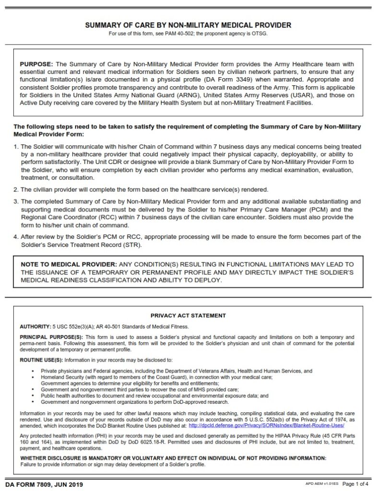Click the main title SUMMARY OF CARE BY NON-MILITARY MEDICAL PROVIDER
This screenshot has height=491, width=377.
coord(188,25)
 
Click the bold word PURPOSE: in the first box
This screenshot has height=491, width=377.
coord(36,64)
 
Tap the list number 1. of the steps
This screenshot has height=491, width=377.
coord(16,147)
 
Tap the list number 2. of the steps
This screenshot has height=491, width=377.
coord(16,189)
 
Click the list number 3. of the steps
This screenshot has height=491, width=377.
coord(16,201)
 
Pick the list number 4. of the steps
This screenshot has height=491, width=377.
coord(16,237)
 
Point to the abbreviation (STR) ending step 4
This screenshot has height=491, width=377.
coord(133,245)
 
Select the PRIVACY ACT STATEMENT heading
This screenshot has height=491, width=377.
coord(188,316)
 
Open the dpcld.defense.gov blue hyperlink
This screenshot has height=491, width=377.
coord(266,425)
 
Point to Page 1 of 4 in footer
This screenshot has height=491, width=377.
coord(356,484)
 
